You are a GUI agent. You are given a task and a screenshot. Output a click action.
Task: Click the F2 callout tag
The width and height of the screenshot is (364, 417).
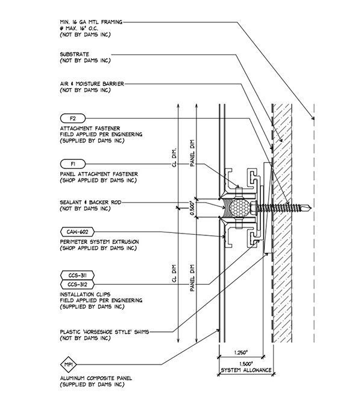pos(73,118)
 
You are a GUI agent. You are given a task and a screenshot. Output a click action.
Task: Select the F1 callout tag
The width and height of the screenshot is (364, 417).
pos(73,164)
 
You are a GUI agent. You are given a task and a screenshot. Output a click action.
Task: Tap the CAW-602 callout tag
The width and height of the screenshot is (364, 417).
pos(78,232)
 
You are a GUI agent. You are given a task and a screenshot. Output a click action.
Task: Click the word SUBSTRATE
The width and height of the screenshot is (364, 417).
pos(75,54)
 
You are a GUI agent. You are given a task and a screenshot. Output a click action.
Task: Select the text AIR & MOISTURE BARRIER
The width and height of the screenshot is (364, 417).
pos(93,84)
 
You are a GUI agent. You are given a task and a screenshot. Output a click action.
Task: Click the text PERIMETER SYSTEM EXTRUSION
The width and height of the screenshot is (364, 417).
pos(99,242)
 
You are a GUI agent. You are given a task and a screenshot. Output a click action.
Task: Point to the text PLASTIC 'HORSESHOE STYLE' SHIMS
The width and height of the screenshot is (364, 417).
pos(104,331)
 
